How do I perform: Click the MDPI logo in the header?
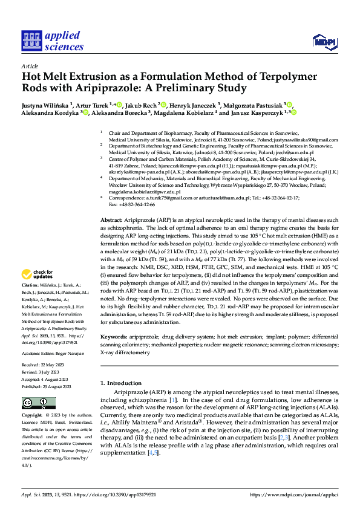324,41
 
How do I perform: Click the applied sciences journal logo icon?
30,40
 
